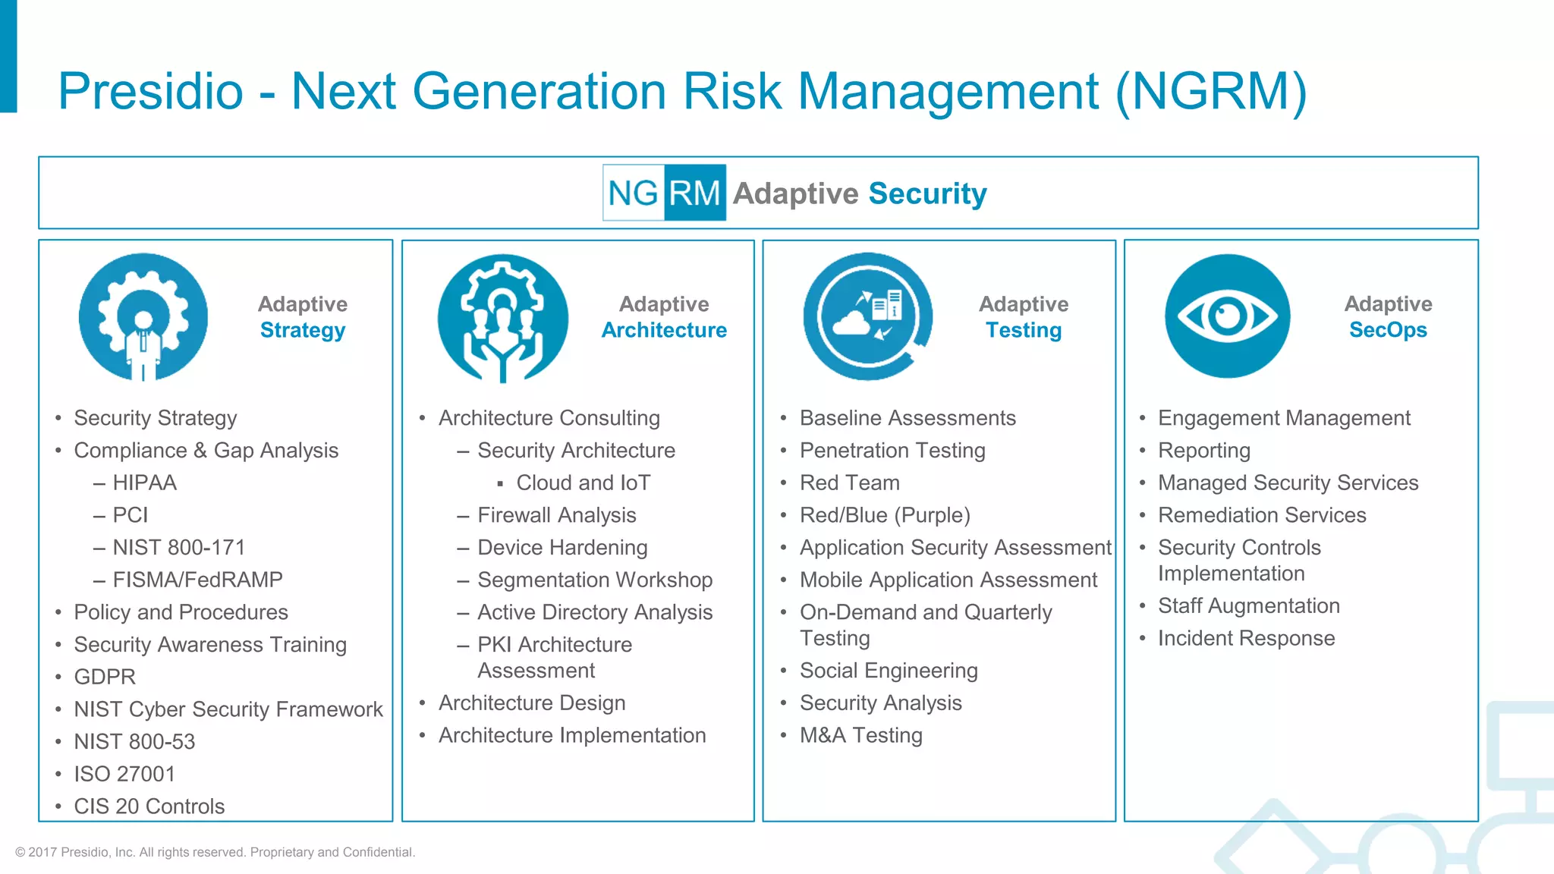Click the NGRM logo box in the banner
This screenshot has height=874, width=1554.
664,193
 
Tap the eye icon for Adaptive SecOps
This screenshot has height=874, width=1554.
1227,316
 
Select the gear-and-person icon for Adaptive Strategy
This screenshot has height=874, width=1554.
143,316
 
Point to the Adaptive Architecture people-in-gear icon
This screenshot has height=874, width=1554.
502,318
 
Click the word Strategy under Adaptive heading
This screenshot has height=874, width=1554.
302,330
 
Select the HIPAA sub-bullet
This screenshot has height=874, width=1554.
144,483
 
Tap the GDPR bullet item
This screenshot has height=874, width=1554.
105,677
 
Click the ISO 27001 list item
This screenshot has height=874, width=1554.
124,774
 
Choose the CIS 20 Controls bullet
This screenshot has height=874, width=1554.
149,806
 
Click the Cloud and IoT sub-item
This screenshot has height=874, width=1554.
583,483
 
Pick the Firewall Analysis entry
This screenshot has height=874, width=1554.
556,515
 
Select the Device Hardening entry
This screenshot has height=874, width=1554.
562,547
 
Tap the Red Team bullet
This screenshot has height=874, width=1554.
849,483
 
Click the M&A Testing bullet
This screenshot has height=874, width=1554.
860,735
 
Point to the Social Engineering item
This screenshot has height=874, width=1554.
888,671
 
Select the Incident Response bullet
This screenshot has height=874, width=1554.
1246,638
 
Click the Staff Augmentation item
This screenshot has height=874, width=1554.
1248,605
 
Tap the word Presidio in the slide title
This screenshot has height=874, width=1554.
150,91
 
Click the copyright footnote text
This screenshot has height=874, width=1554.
215,852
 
